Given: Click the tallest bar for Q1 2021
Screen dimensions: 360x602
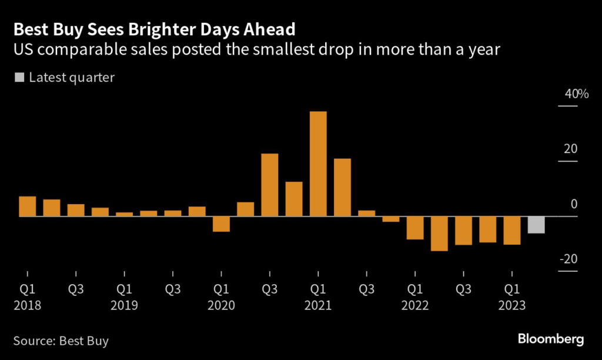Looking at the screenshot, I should click(318, 164).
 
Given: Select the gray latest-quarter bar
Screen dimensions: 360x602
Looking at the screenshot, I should click(536, 225).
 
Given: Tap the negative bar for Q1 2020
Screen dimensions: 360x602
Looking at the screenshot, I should click(221, 224).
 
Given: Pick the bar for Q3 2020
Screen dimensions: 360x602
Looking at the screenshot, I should click(269, 185).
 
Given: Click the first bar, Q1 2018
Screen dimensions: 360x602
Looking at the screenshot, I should click(28, 206).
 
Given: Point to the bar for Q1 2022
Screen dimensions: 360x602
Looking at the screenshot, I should click(415, 228).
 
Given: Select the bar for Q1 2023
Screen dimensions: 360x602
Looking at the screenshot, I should click(511, 231).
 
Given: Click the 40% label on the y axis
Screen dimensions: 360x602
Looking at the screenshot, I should click(568, 94).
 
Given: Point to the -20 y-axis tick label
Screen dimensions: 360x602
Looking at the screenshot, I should click(568, 259).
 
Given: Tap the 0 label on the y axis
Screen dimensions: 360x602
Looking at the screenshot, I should click(574, 205).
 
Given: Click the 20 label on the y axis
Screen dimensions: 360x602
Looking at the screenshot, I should click(571, 149).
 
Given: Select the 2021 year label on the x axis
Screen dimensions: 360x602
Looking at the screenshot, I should click(318, 306).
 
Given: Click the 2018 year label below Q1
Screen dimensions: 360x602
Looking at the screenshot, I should click(28, 306).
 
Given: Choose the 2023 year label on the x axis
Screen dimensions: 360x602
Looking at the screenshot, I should click(511, 306).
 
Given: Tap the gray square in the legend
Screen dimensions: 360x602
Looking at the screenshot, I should click(19, 77).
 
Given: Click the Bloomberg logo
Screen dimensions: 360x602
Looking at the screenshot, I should click(551, 339).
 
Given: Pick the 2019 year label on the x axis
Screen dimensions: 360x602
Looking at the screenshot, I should click(124, 306).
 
